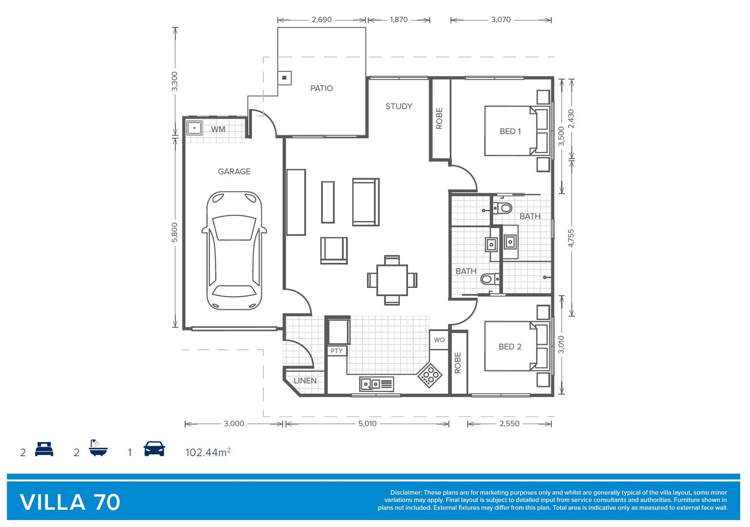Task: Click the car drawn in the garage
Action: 234,251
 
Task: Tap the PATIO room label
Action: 322,88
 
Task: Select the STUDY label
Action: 399,106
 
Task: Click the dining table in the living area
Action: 392,280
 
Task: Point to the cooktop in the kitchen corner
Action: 429,375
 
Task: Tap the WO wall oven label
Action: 439,340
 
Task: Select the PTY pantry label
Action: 337,351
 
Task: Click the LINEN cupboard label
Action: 305,381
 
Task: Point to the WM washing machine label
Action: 218,129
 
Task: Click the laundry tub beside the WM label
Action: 194,128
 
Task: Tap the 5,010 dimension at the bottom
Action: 367,424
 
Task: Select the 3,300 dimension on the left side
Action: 174,81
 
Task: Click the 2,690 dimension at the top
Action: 322,20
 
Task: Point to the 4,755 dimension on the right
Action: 571,238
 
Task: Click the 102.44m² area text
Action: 208,452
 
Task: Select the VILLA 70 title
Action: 70,502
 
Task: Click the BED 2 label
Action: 510,346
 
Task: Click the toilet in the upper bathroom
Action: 504,208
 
